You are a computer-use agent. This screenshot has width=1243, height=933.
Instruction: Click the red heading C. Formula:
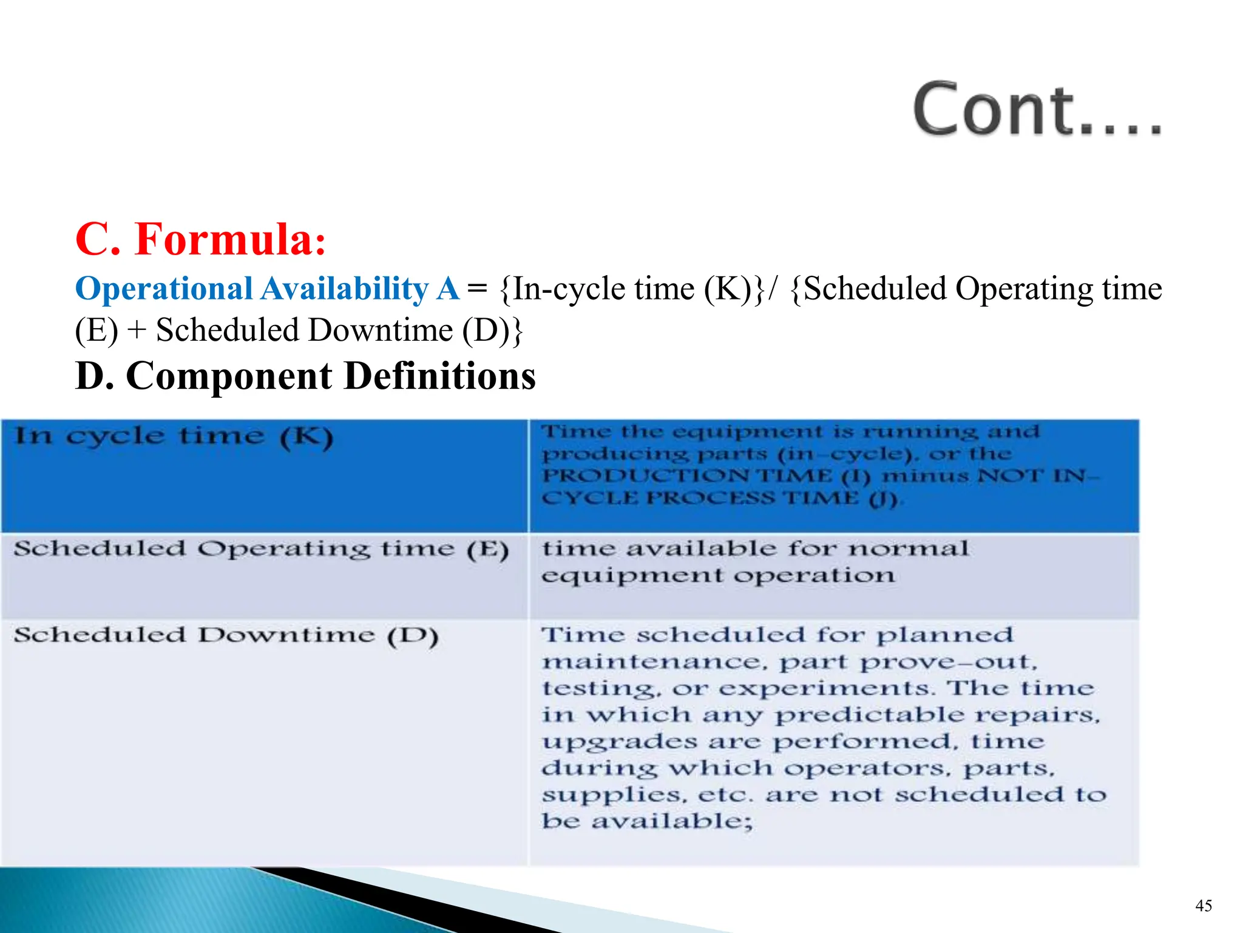[x=200, y=239]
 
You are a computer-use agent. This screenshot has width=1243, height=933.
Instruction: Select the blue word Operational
[x=164, y=289]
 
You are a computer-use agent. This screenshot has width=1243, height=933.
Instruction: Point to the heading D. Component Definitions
[x=305, y=376]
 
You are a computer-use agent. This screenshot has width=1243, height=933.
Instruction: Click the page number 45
[x=1204, y=906]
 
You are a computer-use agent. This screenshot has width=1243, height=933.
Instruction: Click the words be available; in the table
[x=647, y=821]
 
